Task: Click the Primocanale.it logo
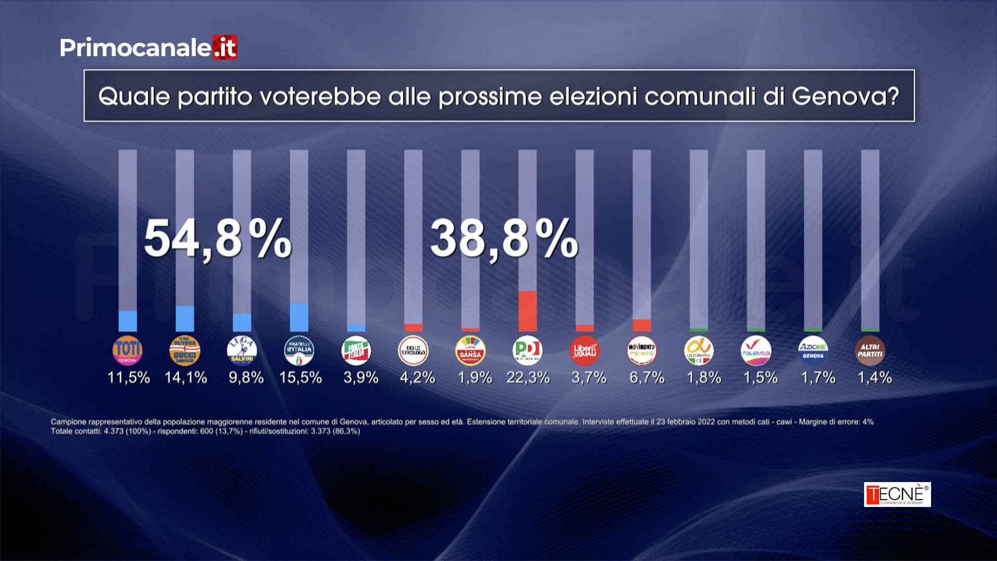pos(148,48)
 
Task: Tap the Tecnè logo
pos(897,494)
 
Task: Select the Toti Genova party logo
pos(127,351)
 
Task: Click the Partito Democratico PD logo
pos(527,351)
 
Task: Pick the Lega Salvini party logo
pos(241,351)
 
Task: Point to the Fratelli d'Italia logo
pos(299,351)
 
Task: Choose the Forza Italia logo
pos(356,351)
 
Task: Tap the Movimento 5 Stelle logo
pos(641,351)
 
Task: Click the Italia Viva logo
pos(756,351)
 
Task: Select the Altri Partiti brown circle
pos(870,351)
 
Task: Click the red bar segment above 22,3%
pos(527,311)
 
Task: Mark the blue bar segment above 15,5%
pos(299,317)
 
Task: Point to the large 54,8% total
pos(218,239)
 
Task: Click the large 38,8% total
pos(504,239)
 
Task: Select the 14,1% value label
pos(185,378)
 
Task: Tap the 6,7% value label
pos(646,378)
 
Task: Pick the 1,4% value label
pos(874,378)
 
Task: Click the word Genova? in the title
pos(845,97)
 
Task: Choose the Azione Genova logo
pos(813,351)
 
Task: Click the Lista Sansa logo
pos(470,351)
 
